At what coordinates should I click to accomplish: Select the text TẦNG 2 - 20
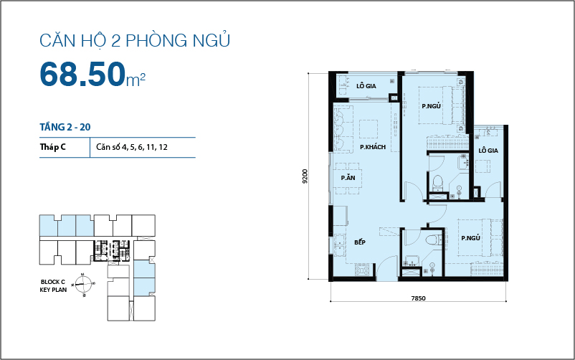[x=65, y=127]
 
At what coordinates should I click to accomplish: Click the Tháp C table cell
[x=54, y=148]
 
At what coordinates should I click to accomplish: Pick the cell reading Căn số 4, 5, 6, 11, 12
[x=136, y=148]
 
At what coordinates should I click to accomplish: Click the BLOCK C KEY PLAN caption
[x=54, y=285]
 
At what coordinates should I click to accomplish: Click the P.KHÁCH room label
[x=373, y=147]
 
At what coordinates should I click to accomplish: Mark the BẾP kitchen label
[x=360, y=243]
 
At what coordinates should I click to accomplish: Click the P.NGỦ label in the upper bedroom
[x=431, y=106]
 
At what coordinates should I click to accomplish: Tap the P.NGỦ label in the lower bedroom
[x=470, y=239]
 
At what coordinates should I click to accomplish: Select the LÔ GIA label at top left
[x=366, y=86]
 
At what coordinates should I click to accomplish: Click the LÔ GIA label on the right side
[x=488, y=150]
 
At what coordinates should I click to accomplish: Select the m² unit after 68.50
[x=136, y=80]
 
